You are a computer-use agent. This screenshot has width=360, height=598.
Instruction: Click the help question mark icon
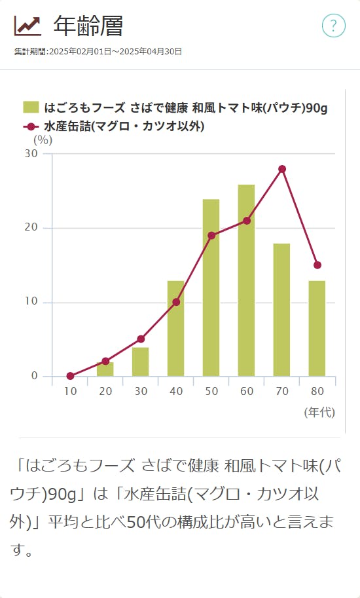click(333, 26)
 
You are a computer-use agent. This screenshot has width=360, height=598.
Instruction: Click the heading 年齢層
click(88, 26)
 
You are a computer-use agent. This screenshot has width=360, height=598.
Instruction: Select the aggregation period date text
click(98, 51)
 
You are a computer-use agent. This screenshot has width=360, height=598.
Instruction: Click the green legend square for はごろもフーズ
click(31, 107)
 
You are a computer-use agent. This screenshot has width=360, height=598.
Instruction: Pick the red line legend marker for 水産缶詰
click(31, 126)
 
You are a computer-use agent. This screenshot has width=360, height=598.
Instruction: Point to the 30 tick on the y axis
click(31, 153)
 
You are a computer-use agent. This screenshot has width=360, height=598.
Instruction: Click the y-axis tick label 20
click(31, 228)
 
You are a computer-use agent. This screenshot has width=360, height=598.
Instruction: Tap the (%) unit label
click(43, 139)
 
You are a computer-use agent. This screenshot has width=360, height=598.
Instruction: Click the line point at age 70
click(282, 169)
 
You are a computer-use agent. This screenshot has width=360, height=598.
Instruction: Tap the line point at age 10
click(70, 376)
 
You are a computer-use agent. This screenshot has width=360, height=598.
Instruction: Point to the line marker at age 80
click(317, 265)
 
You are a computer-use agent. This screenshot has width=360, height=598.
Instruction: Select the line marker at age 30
click(141, 339)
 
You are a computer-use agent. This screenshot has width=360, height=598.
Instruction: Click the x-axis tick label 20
click(105, 391)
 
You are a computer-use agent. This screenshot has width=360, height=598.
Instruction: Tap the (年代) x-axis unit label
click(319, 412)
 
